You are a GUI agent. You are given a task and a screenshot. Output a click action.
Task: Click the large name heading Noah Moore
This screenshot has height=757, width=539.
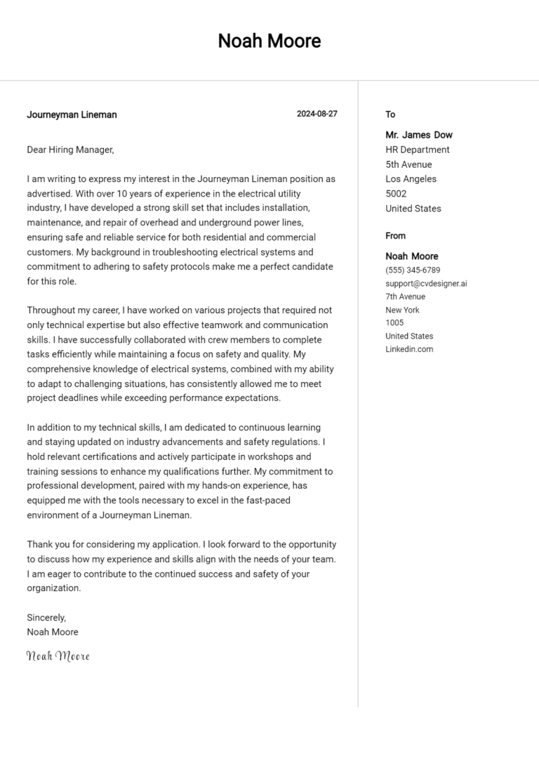(x=269, y=41)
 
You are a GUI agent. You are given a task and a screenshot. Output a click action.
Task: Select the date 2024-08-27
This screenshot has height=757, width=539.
(x=317, y=114)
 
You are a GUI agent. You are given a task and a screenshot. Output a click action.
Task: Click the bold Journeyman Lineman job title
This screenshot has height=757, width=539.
(x=72, y=114)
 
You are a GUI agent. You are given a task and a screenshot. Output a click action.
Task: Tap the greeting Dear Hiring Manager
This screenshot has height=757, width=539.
(x=69, y=150)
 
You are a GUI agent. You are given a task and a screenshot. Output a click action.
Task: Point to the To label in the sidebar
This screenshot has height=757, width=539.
(x=390, y=114)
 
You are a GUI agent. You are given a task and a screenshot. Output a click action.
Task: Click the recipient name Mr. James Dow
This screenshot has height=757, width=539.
(x=418, y=135)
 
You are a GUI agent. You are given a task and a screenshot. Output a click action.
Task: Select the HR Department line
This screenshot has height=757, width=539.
(x=417, y=150)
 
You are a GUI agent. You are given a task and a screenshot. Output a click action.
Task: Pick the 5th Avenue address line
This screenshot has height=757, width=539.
(x=408, y=164)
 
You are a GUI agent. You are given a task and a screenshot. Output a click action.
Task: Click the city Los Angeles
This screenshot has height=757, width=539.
(x=411, y=179)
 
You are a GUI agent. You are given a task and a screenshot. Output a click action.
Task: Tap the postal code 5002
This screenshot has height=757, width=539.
(x=396, y=194)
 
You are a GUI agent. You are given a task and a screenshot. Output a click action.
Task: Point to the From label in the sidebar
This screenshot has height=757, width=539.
(x=395, y=236)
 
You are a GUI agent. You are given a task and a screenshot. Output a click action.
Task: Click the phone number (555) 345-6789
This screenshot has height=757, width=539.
(x=413, y=270)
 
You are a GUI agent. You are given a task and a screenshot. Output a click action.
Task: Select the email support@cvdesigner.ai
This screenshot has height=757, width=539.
(x=426, y=284)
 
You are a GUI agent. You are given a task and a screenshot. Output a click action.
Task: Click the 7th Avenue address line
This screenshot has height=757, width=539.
(x=405, y=296)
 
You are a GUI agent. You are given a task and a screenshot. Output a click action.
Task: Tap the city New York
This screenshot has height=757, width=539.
(x=402, y=310)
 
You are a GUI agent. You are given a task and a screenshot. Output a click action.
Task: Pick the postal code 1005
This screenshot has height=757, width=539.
(x=394, y=323)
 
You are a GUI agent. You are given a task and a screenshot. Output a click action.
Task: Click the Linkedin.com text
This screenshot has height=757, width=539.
(x=409, y=349)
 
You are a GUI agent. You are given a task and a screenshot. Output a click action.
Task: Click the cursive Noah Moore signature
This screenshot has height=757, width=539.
(x=58, y=656)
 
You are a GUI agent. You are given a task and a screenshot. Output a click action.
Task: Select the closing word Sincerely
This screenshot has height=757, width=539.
(x=46, y=617)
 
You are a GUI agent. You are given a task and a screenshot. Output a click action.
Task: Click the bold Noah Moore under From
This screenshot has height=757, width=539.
(x=411, y=256)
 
